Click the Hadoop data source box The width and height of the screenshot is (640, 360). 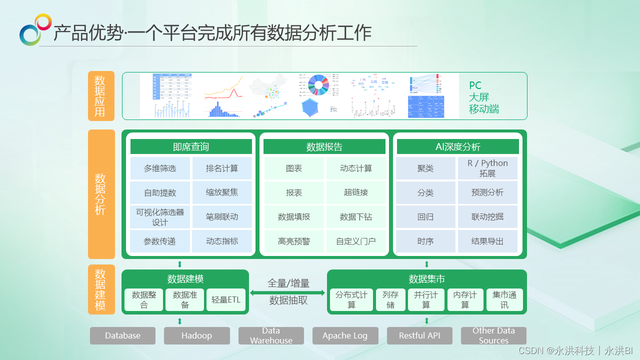pos(197,336)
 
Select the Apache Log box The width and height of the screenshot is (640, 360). pos(345,336)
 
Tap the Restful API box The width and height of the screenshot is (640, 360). pos(419,336)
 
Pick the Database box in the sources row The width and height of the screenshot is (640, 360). pos(122,336)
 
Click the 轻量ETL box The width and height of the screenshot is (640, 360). pos(226,300)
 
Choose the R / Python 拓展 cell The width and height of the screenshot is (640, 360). pos(487,168)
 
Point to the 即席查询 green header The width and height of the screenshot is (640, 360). pos(191,146)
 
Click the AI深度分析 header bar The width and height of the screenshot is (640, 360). pos(457,146)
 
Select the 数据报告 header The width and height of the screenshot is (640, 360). pos(324,146)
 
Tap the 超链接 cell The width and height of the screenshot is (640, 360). pos(356,192)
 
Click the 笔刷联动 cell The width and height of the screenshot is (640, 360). pos(222,217)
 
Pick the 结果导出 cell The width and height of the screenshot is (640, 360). pos(487,241)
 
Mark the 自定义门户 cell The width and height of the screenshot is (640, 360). pos(356,241)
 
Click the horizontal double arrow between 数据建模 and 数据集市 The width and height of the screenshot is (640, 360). pos(288,292)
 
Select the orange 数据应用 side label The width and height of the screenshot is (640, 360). pos(100,96)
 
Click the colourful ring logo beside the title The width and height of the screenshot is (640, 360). pos(35,29)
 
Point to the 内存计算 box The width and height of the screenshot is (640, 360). pos(465,300)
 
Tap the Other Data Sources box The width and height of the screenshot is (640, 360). pos(493,336)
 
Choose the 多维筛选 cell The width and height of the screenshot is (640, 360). pos(160,168)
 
